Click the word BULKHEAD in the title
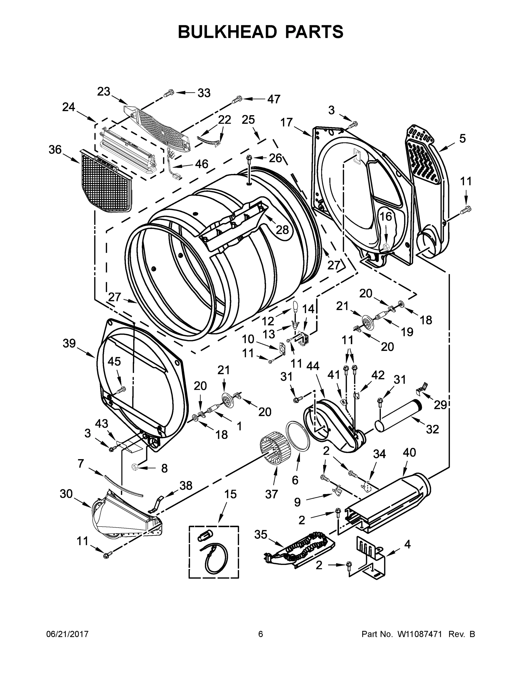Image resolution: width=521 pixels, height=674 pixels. pyautogui.click(x=227, y=32)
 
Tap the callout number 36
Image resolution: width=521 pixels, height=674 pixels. pyautogui.click(x=55, y=150)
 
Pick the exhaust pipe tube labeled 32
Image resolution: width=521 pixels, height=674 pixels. pyautogui.click(x=398, y=415)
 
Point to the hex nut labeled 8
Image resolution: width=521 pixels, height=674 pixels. pyautogui.click(x=135, y=467)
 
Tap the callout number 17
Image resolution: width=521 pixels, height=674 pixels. pyautogui.click(x=286, y=122)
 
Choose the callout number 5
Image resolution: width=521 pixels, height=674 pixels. pyautogui.click(x=462, y=138)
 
